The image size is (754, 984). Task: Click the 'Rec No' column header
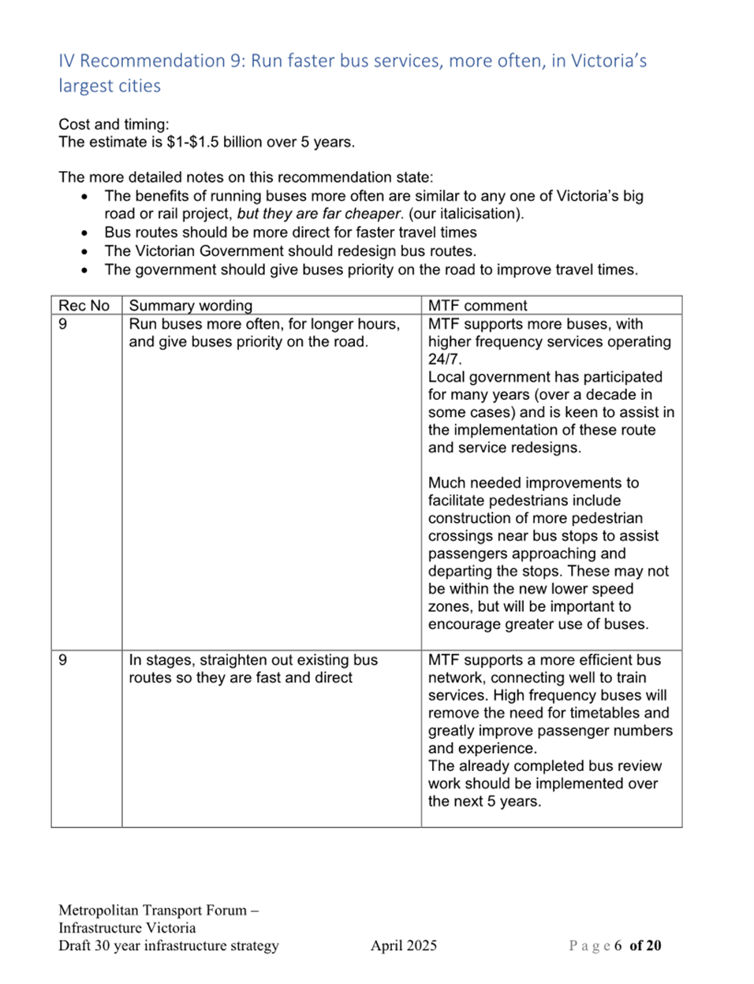[84, 305]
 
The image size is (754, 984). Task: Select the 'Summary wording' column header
[191, 305]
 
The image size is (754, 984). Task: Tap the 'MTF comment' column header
[477, 305]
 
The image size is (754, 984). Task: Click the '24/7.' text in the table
[445, 360]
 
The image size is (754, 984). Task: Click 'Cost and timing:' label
[114, 124]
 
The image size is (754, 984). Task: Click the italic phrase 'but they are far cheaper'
[319, 214]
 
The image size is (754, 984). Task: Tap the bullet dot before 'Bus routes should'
[85, 233]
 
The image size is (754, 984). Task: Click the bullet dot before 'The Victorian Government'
[85, 252]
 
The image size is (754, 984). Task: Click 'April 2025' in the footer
[404, 945]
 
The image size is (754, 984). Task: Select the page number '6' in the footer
[618, 945]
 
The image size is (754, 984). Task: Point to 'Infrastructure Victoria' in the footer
[127, 928]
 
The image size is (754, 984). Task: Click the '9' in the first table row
[63, 324]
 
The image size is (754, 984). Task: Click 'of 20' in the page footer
[646, 945]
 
